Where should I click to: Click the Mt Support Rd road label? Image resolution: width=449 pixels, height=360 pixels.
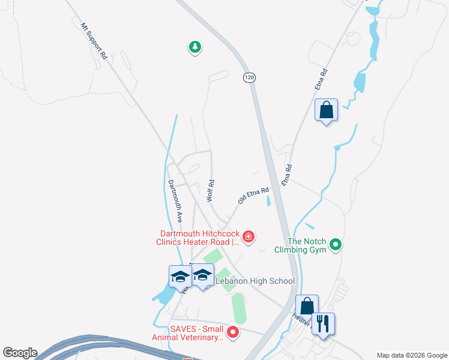click(x=94, y=40)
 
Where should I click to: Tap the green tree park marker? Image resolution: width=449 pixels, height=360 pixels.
click(x=194, y=47)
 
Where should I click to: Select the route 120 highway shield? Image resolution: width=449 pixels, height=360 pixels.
click(x=249, y=77)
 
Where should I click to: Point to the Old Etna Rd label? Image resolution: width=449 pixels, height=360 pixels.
click(x=253, y=195)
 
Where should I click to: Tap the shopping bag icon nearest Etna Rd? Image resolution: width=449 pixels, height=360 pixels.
click(x=326, y=111)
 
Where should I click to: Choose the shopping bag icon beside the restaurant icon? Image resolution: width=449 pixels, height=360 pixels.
click(x=307, y=306)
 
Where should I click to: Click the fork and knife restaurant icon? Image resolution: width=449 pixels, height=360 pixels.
click(x=324, y=324)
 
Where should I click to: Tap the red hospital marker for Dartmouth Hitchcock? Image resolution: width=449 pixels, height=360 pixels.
click(x=248, y=239)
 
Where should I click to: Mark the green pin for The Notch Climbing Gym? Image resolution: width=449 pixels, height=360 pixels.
click(x=336, y=244)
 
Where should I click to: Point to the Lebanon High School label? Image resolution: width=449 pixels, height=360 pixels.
click(x=256, y=281)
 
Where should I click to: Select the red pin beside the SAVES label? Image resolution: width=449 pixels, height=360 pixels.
click(x=235, y=332)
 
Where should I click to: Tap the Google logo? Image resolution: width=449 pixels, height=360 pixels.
click(x=19, y=353)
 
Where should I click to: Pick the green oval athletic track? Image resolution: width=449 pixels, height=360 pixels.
click(x=239, y=308)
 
